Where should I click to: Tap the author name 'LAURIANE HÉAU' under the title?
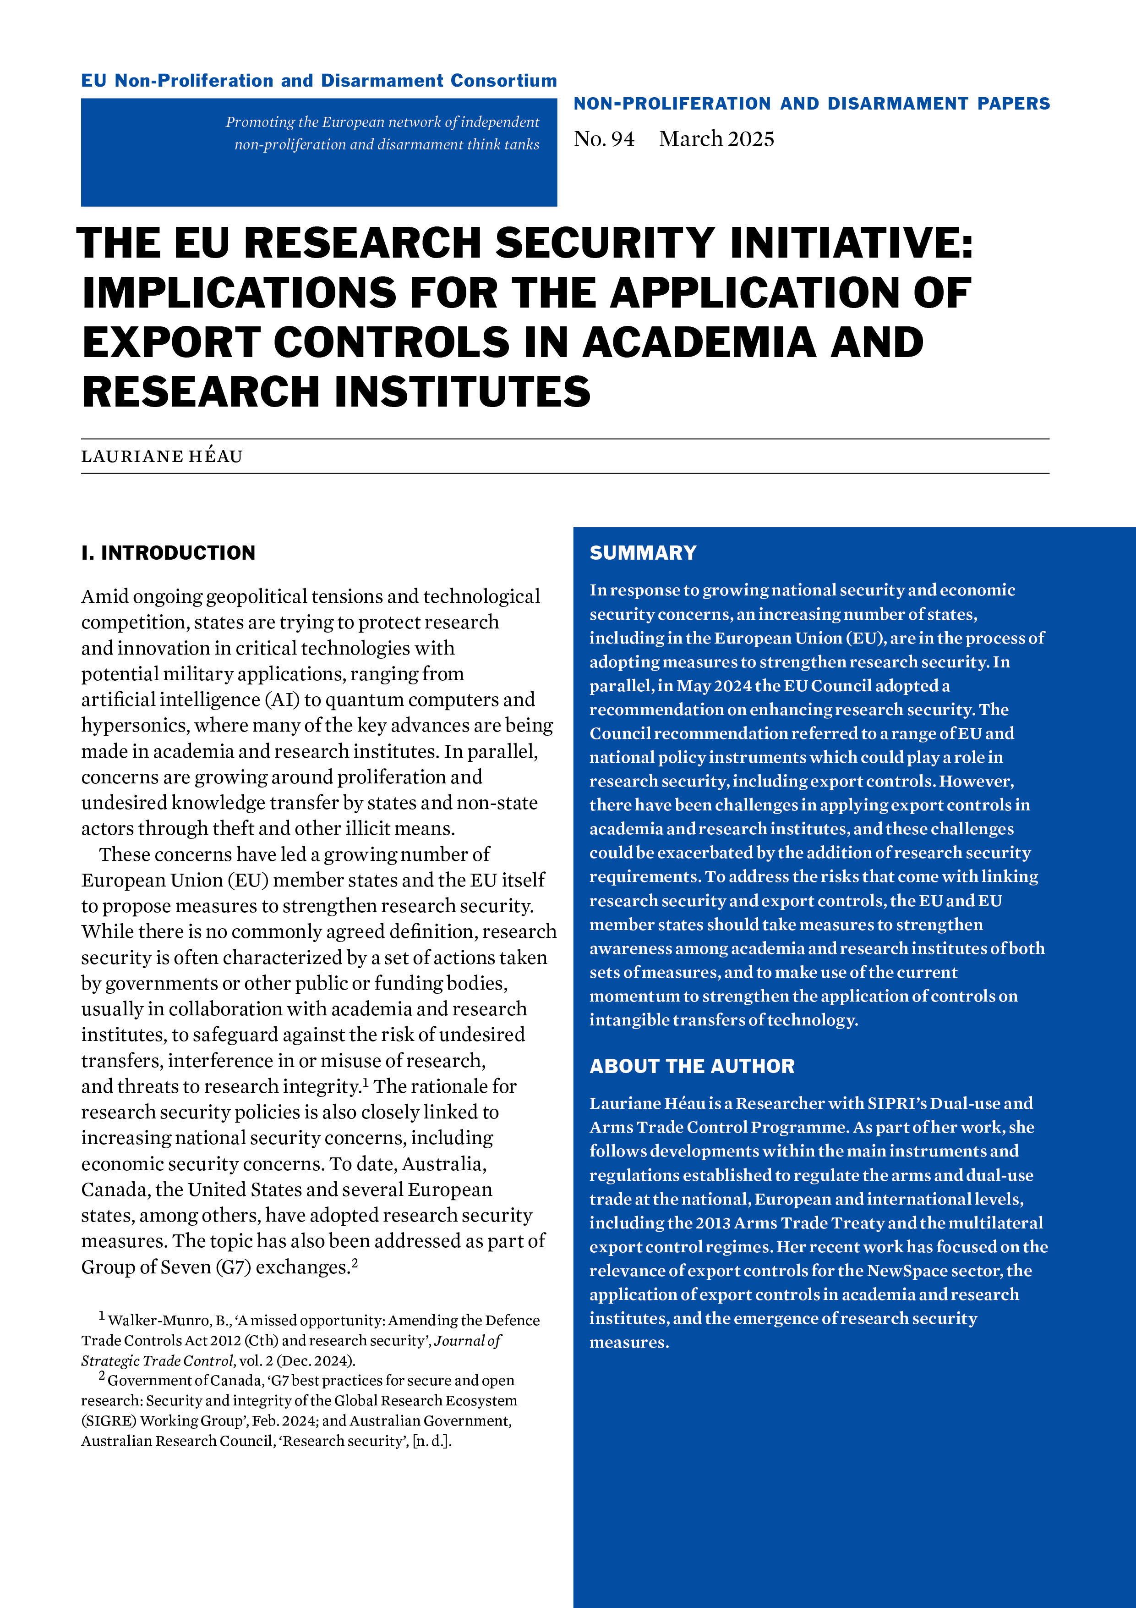click(162, 457)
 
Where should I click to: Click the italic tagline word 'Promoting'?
click(260, 122)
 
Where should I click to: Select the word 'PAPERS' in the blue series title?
click(1014, 104)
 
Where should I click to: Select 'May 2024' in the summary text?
click(714, 686)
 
